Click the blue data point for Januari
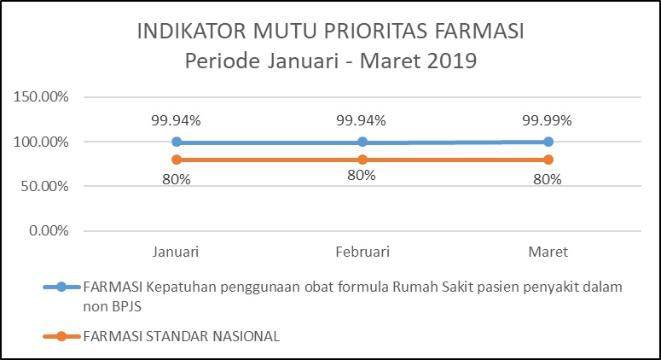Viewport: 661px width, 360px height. click(177, 142)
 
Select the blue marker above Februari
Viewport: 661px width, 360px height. click(362, 142)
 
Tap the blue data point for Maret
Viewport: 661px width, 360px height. click(548, 142)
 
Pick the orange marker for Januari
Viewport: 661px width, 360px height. click(177, 160)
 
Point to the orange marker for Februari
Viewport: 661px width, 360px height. click(362, 160)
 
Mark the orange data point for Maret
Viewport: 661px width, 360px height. click(548, 160)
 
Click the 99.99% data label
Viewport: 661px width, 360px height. click(547, 120)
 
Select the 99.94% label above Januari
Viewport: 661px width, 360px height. click(176, 120)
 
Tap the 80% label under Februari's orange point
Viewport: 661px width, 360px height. click(362, 175)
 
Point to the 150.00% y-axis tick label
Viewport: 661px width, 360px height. click(41, 97)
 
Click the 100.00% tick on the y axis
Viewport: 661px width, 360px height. click(41, 142)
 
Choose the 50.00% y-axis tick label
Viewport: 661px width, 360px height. click(44, 186)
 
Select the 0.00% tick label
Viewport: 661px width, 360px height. click(49, 230)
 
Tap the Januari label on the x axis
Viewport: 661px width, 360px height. click(176, 252)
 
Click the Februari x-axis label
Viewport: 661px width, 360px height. click(362, 252)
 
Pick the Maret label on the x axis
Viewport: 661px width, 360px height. click(548, 252)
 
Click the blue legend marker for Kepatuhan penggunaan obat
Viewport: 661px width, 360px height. click(61, 287)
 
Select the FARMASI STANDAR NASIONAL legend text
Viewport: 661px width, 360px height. click(182, 336)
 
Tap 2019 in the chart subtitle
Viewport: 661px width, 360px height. click(452, 61)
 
